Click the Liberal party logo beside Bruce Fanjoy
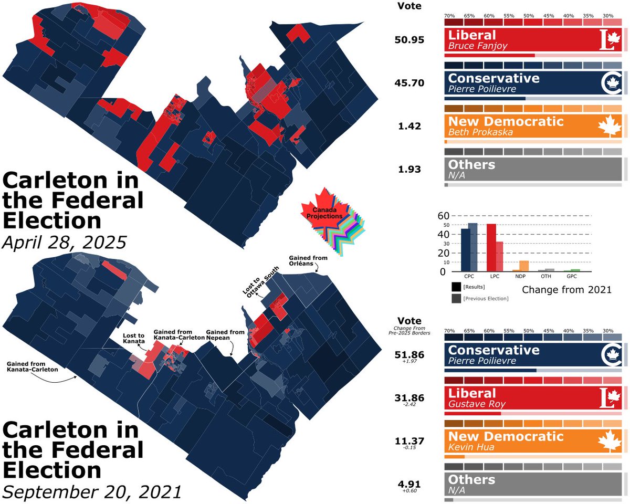tap(610, 40)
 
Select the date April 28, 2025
tap(65, 242)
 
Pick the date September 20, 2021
tap(92, 492)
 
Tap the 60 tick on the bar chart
tap(444, 216)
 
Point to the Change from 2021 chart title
tap(567, 289)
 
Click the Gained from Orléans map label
tap(308, 260)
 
